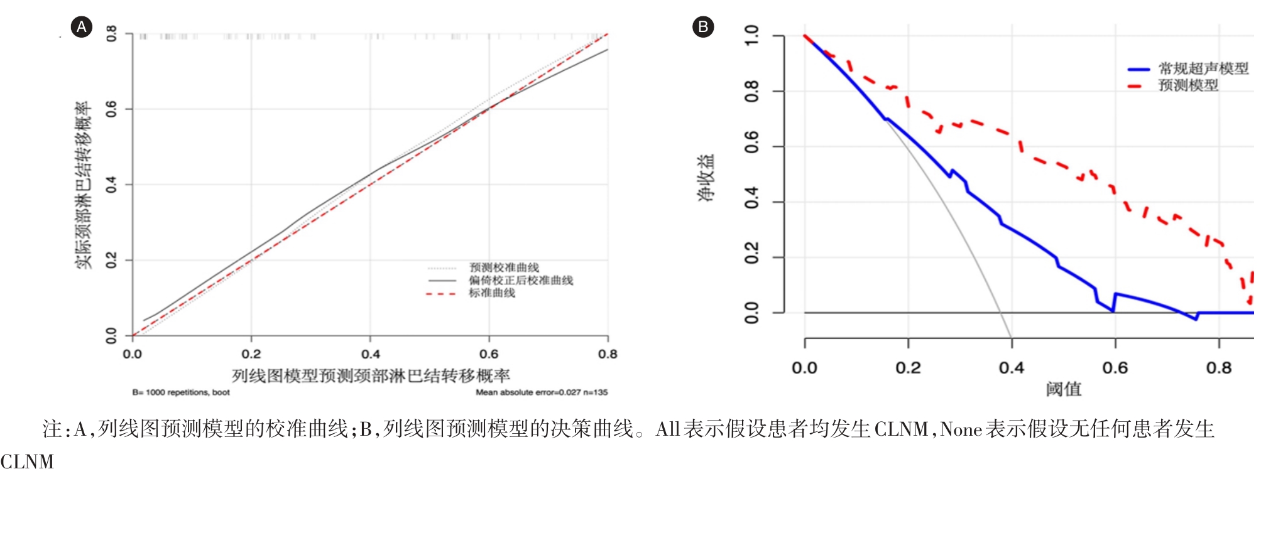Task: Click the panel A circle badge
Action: tap(82, 27)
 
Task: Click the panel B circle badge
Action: tap(703, 27)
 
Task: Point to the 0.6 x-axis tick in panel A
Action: tap(489, 354)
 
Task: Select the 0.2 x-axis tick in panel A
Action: tap(251, 354)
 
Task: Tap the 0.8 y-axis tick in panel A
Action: tap(111, 33)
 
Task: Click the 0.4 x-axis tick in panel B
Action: tap(1012, 368)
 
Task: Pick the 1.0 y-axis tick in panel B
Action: tap(751, 36)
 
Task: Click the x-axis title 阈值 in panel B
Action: tap(1064, 389)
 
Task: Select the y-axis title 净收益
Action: tap(706, 178)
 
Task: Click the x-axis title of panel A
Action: tap(371, 376)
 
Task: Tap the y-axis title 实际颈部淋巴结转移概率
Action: tap(84, 185)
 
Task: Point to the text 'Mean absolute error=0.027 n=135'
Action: tap(542, 392)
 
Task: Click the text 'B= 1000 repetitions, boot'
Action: tap(181, 392)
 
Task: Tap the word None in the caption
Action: tap(961, 429)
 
